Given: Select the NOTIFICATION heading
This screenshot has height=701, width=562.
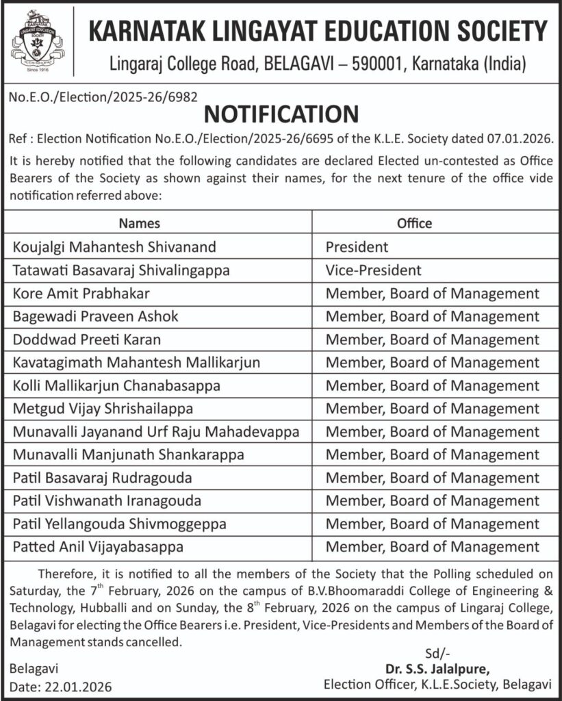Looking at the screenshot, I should pyautogui.click(x=281, y=114).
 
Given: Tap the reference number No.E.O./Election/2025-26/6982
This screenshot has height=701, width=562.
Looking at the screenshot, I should pyautogui.click(x=103, y=98).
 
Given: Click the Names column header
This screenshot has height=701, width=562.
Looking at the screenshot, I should pyautogui.click(x=140, y=223).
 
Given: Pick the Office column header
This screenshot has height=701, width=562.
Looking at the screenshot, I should pyautogui.click(x=415, y=223).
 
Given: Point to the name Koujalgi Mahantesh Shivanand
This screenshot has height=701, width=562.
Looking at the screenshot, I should pyautogui.click(x=114, y=246).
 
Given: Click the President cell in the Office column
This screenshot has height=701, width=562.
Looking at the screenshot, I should pyautogui.click(x=357, y=246).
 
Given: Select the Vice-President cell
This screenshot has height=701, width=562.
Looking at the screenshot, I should pyautogui.click(x=373, y=270).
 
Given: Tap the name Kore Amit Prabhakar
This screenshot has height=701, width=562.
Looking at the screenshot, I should pyautogui.click(x=81, y=293).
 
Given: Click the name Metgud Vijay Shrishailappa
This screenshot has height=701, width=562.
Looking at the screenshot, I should pyautogui.click(x=103, y=409).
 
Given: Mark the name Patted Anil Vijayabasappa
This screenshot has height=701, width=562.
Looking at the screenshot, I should pyautogui.click(x=98, y=547).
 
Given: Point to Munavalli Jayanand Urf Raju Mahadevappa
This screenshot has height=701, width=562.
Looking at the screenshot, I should pyautogui.click(x=156, y=432).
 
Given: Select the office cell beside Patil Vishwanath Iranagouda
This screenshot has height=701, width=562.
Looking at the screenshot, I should pyautogui.click(x=432, y=501).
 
